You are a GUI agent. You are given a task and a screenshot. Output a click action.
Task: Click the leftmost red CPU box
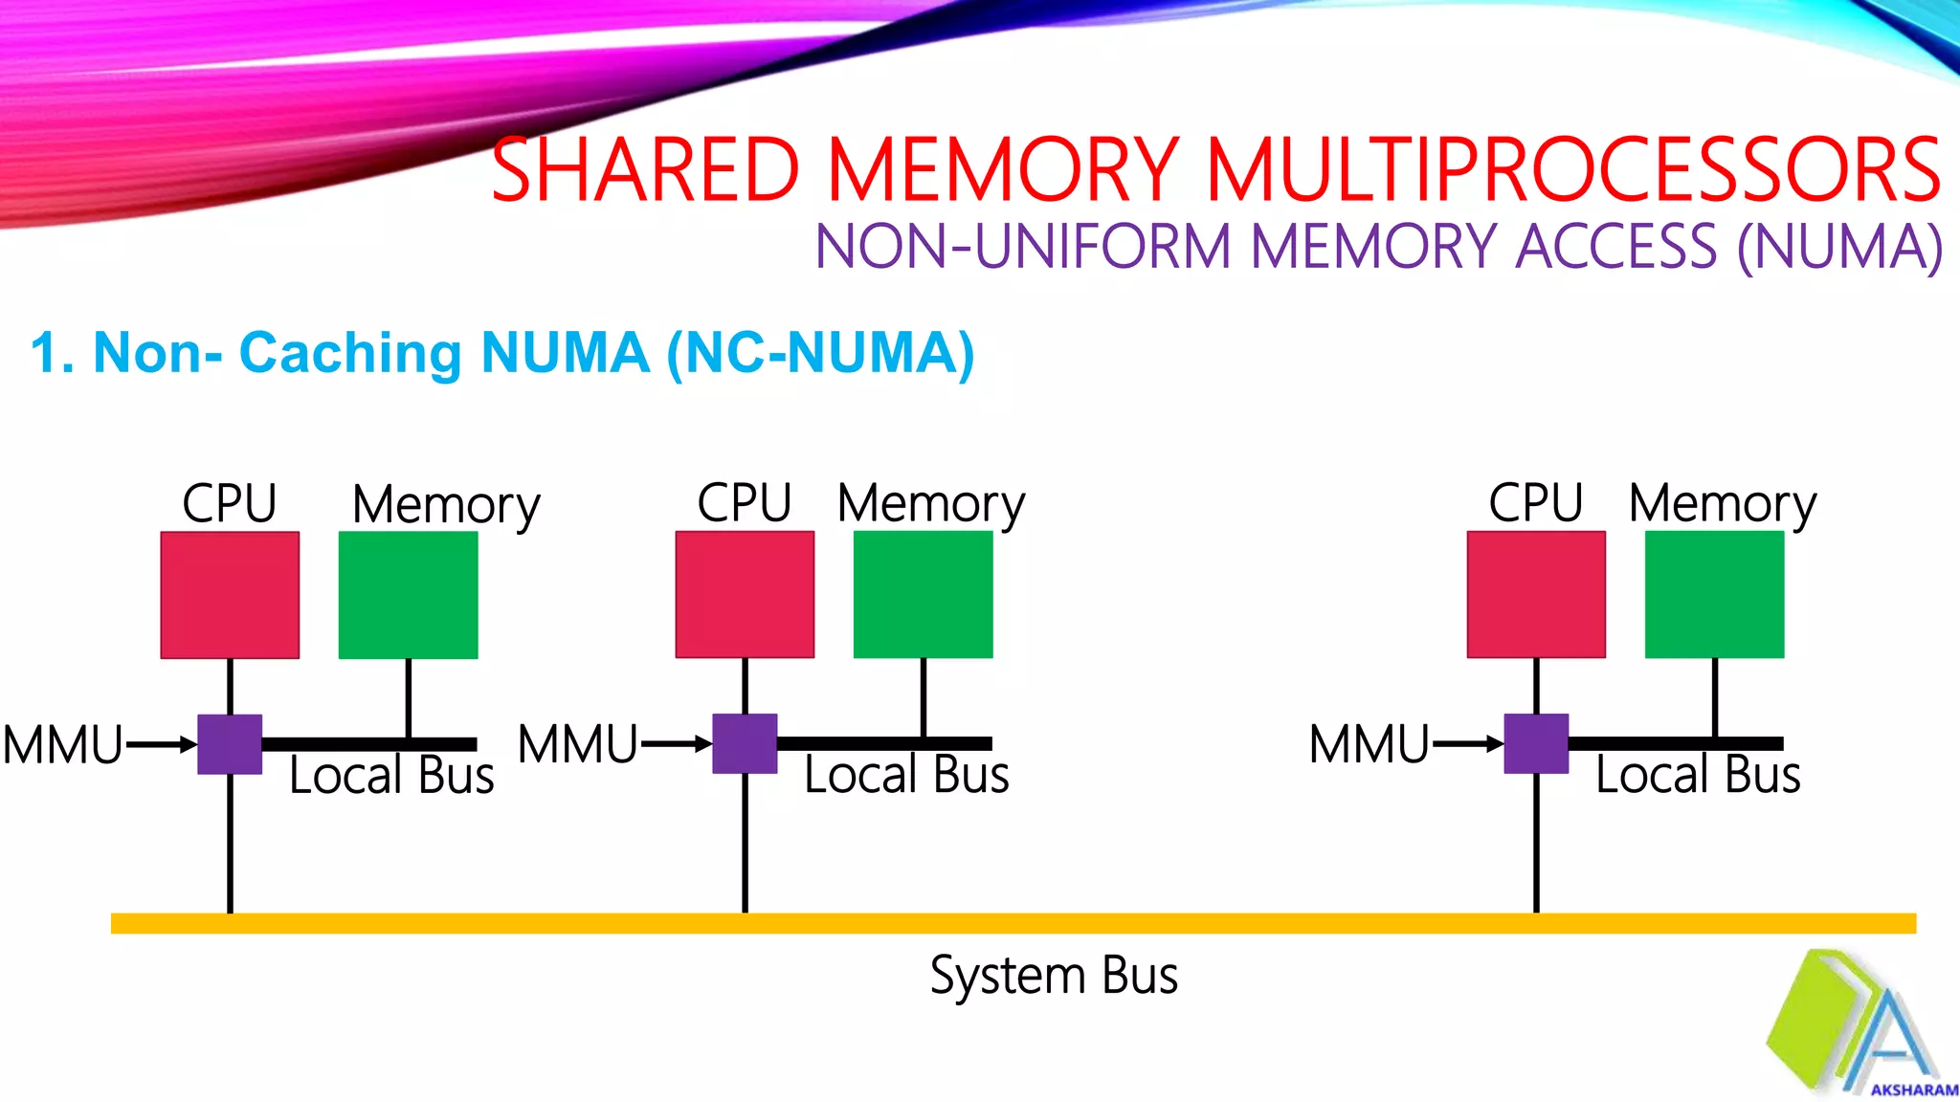(x=230, y=595)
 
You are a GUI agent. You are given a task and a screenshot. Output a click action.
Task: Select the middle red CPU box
(x=745, y=595)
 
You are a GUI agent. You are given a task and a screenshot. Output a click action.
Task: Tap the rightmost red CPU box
(x=1536, y=595)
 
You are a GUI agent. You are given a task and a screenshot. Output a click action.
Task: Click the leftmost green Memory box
(x=409, y=595)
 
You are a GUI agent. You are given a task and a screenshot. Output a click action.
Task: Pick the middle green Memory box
(x=923, y=595)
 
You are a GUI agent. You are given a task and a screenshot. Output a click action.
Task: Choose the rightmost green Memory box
(x=1714, y=595)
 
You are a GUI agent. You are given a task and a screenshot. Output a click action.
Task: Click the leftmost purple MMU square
(x=230, y=744)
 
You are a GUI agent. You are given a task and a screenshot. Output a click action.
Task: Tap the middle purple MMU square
(x=745, y=744)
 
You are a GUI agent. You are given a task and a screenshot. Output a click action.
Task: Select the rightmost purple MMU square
(x=1536, y=744)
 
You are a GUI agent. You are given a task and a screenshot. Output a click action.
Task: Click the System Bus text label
(x=1054, y=976)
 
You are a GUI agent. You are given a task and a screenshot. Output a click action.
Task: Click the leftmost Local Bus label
(x=391, y=775)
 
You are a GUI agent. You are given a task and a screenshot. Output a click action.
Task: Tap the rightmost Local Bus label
(x=1698, y=775)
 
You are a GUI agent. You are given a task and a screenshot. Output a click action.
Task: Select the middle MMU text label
(x=577, y=744)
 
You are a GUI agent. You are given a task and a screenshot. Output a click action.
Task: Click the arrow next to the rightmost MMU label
(x=1467, y=744)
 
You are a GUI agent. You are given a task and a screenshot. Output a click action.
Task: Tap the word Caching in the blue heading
(x=349, y=352)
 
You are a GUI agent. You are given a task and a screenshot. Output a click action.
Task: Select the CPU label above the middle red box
(x=744, y=503)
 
